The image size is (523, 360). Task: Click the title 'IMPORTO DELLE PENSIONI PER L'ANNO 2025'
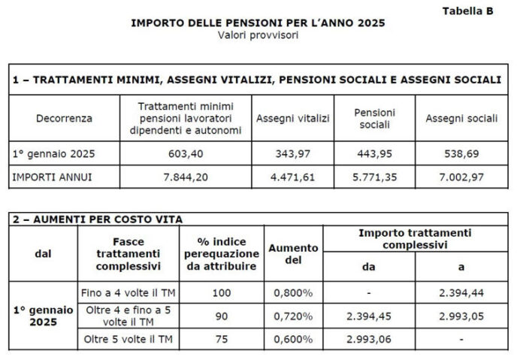(258, 23)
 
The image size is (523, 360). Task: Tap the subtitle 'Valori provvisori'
(258, 35)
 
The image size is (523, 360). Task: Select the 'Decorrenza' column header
(64, 118)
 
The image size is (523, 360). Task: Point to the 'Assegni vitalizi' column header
(292, 118)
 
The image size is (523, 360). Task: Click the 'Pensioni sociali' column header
(374, 118)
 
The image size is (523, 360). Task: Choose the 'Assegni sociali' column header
(461, 118)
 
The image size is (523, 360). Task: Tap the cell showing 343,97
(292, 153)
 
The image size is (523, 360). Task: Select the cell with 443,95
(374, 153)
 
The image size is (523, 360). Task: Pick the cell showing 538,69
(461, 153)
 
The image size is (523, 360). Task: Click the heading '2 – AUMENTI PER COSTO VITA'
(98, 219)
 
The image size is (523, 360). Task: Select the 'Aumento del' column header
(293, 253)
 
